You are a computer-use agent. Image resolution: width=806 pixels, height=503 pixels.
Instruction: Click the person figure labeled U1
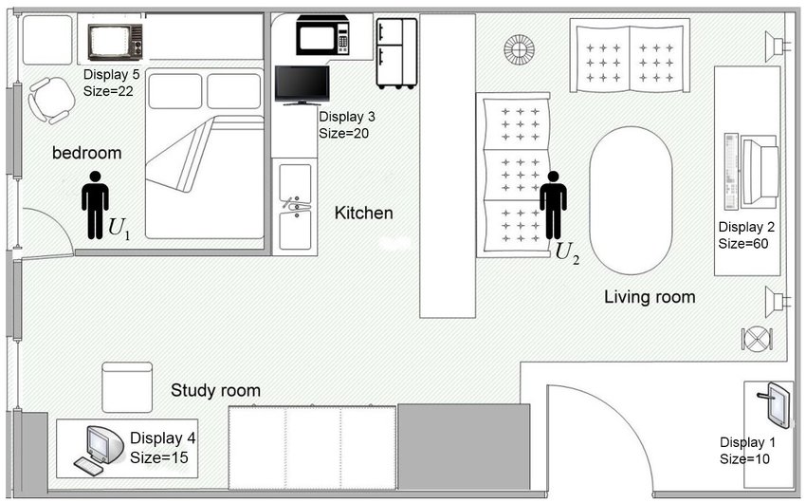pyautogui.click(x=95, y=205)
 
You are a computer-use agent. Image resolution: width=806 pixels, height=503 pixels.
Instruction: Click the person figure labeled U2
pyautogui.click(x=553, y=205)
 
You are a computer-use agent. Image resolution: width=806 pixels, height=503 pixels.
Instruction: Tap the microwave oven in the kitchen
pyautogui.click(x=322, y=35)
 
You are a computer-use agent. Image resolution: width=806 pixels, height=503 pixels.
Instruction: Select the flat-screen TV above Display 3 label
pyautogui.click(x=302, y=84)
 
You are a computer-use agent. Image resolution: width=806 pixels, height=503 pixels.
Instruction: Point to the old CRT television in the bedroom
pyautogui.click(x=115, y=42)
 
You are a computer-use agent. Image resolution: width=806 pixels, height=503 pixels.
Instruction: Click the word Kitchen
pyautogui.click(x=363, y=213)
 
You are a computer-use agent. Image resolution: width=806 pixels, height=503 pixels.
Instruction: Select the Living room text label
pyautogui.click(x=650, y=297)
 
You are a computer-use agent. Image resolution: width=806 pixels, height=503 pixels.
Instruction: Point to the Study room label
pyautogui.click(x=215, y=390)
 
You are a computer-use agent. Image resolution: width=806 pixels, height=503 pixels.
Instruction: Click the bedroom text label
pyautogui.click(x=87, y=153)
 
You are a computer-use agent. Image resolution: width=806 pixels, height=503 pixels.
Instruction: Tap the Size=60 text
pyautogui.click(x=743, y=243)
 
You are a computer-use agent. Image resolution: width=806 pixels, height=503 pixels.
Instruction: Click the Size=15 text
pyautogui.click(x=159, y=457)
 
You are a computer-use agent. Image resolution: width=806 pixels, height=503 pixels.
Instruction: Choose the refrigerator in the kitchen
pyautogui.click(x=396, y=53)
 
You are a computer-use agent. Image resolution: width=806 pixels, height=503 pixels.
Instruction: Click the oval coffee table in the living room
pyautogui.click(x=631, y=201)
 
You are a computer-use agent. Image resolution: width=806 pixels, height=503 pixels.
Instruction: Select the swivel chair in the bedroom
pyautogui.click(x=51, y=101)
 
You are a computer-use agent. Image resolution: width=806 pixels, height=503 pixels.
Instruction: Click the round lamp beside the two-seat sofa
pyautogui.click(x=519, y=50)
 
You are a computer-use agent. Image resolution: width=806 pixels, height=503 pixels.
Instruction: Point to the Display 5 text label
pyautogui.click(x=112, y=74)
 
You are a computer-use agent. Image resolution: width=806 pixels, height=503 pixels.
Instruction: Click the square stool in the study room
pyautogui.click(x=127, y=387)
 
